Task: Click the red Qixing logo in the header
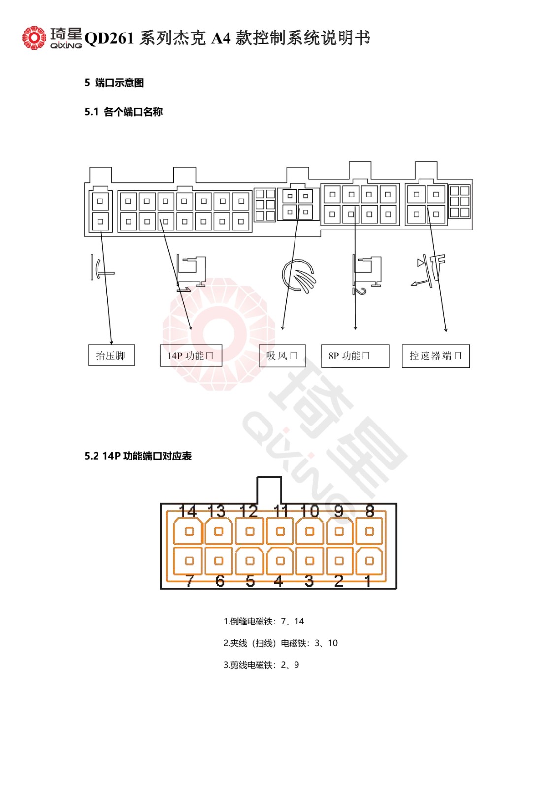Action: (34, 37)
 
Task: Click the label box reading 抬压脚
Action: (111, 355)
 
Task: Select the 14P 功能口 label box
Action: (191, 356)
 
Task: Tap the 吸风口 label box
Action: (282, 356)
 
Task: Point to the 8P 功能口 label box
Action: (355, 356)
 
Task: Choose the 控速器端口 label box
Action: (436, 356)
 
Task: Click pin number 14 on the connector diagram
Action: (188, 511)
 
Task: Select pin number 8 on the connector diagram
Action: (370, 511)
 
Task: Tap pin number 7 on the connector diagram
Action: (190, 581)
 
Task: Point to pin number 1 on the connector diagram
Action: (368, 581)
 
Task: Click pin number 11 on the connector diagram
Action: (281, 511)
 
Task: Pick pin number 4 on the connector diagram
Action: (279, 581)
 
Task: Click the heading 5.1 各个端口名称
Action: (124, 112)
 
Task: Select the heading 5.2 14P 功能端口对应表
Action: (138, 456)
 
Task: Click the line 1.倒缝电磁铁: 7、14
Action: (263, 621)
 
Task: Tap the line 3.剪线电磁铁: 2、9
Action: (261, 665)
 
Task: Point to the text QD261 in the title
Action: (109, 38)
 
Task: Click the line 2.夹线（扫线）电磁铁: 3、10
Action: (280, 643)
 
